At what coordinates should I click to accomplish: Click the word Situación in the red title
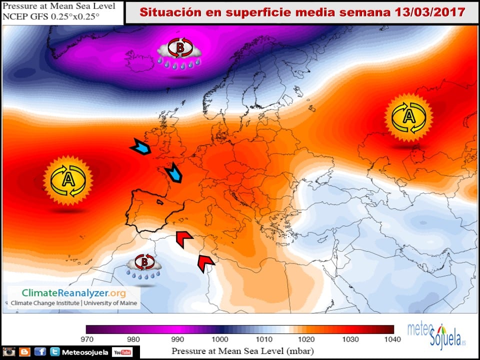click(165, 12)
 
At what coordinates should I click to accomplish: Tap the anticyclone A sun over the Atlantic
click(68, 180)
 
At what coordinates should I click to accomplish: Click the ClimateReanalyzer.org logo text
click(73, 293)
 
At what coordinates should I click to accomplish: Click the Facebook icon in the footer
click(40, 352)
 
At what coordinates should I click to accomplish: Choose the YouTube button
click(122, 352)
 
